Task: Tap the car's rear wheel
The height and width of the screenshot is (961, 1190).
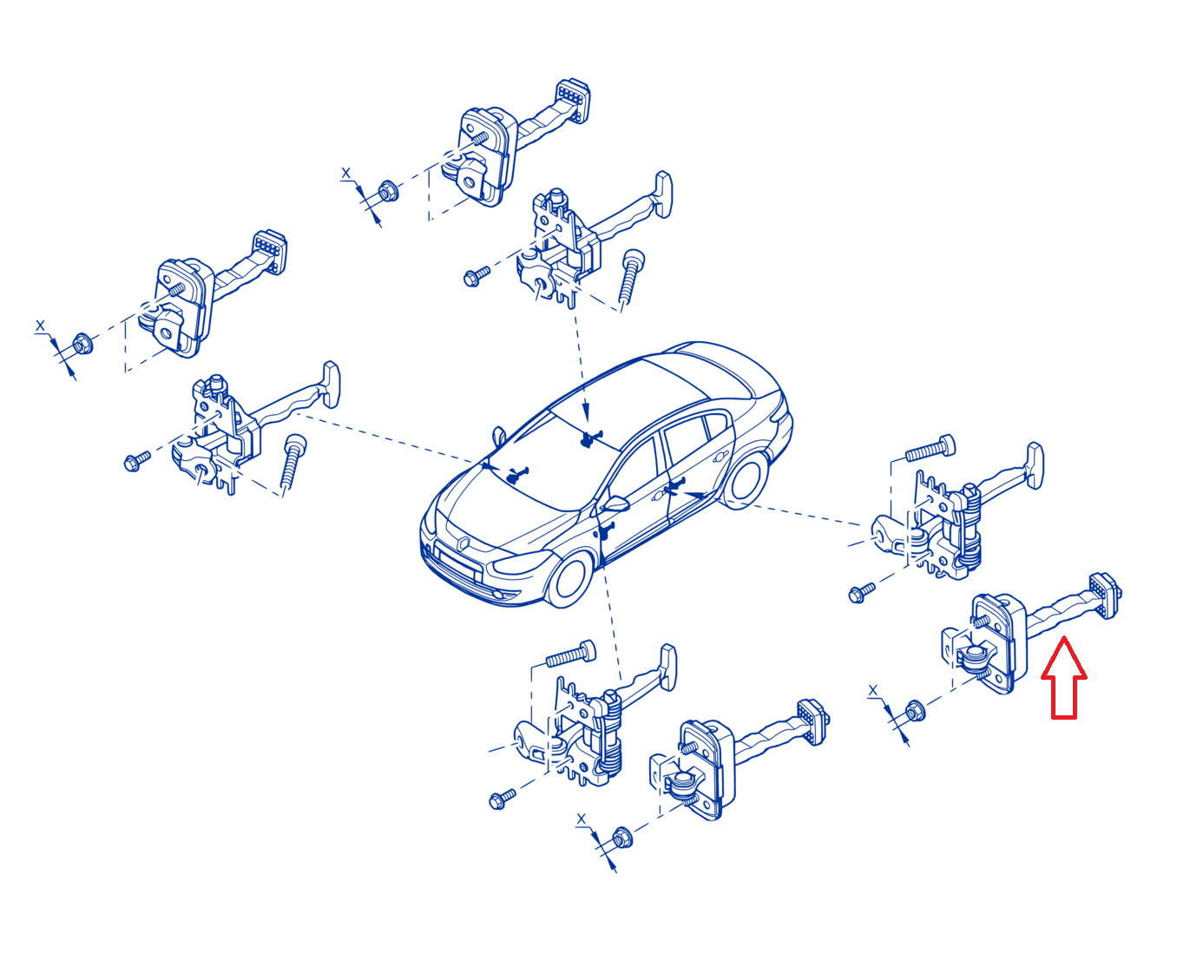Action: (x=746, y=482)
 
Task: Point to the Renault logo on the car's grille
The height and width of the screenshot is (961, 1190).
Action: (x=464, y=543)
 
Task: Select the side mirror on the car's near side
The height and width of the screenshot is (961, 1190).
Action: (x=615, y=504)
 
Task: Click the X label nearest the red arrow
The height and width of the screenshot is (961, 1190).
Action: (x=872, y=692)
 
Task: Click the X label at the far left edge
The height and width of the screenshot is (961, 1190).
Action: (x=40, y=326)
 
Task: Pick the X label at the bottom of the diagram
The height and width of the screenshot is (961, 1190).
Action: (x=581, y=819)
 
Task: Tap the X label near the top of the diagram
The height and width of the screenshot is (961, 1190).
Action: (x=345, y=174)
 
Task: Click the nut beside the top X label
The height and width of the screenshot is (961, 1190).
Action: (x=387, y=191)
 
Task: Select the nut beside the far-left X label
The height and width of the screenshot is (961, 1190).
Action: (x=83, y=344)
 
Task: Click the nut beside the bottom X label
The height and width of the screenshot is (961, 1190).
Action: (x=622, y=838)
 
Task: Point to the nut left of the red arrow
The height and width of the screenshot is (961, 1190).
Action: (x=915, y=711)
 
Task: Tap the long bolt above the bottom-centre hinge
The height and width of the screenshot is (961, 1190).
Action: (x=570, y=655)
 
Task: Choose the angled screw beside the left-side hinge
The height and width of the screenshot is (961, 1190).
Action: (x=293, y=460)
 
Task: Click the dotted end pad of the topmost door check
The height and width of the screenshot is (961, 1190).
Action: (x=574, y=101)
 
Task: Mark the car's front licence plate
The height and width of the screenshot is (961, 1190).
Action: (x=457, y=565)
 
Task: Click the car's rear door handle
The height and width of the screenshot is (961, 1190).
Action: (x=720, y=457)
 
